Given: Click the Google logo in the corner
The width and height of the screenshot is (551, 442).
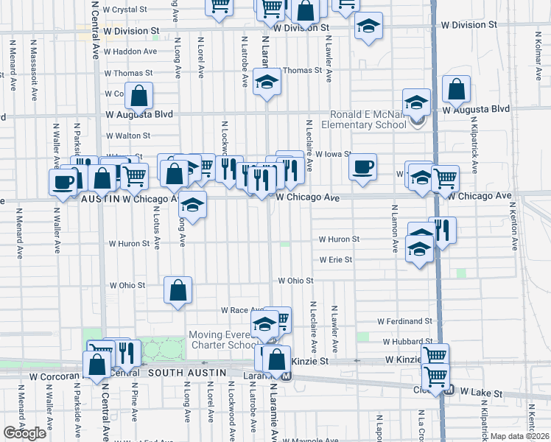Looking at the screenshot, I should (25, 432).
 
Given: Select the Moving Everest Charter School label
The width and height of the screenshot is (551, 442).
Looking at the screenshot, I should (221, 340).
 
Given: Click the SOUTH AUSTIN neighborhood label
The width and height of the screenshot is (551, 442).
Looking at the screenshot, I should (187, 373).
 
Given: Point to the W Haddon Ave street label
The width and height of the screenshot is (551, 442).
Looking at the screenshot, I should (132, 52).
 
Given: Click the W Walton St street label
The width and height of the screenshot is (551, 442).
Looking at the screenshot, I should (128, 136).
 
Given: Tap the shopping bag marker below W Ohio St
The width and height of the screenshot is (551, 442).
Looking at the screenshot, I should (178, 290).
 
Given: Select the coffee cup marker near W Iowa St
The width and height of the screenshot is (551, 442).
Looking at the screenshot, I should (362, 167).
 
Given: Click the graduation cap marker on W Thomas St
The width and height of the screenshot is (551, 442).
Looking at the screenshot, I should (267, 83).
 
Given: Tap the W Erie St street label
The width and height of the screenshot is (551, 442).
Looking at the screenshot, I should (335, 259).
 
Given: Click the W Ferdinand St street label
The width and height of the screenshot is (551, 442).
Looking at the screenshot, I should (404, 321).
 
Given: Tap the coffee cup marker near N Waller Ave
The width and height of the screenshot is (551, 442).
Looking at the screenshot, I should (63, 182).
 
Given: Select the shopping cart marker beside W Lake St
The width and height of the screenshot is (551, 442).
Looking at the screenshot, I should (436, 376).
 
